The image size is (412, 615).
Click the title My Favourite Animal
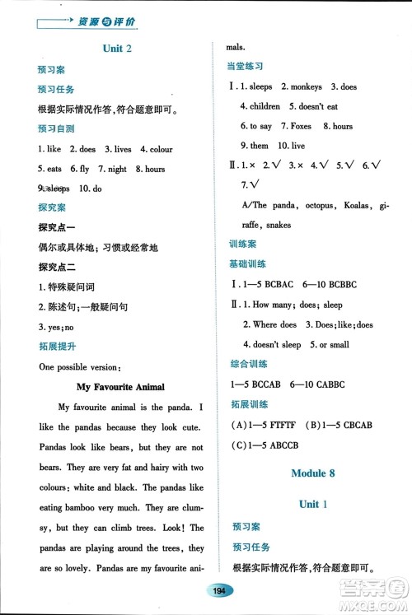point(120,386)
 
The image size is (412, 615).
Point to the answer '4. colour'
point(156,149)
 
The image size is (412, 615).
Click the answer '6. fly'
point(81,169)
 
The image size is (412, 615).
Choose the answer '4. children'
point(260,106)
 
